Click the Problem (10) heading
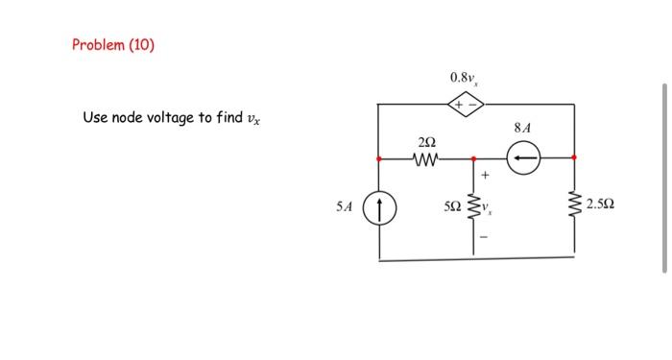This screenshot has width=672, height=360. point(113,45)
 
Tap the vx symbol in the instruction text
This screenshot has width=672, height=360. point(253,119)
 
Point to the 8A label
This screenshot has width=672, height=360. point(522,127)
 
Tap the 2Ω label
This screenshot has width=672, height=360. point(425,142)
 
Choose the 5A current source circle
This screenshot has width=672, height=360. point(380,206)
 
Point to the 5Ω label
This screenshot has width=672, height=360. point(451,206)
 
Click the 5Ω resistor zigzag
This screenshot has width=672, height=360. point(472,205)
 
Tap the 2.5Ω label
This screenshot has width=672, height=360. point(602,205)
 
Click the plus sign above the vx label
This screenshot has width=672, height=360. point(485,176)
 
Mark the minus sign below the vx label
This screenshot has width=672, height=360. point(485,236)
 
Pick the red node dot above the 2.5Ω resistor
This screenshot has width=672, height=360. point(574,157)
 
